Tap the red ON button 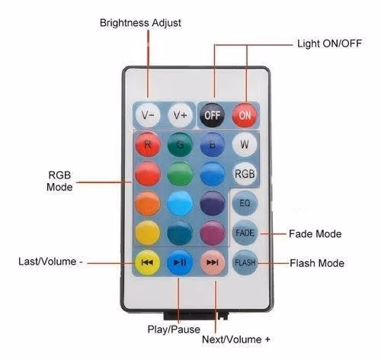click(245, 115)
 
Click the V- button click(148, 115)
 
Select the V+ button click(180, 115)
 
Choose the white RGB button click(245, 174)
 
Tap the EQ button click(245, 203)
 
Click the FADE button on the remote click(245, 233)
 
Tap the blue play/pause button click(180, 262)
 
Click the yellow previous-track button click(148, 262)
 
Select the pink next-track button click(213, 262)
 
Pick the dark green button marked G click(180, 145)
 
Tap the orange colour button click(148, 204)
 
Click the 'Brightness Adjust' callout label click(140, 23)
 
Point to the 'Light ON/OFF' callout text click(329, 43)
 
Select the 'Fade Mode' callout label click(315, 234)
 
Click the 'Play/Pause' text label click(174, 329)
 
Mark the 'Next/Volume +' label click(236, 339)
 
